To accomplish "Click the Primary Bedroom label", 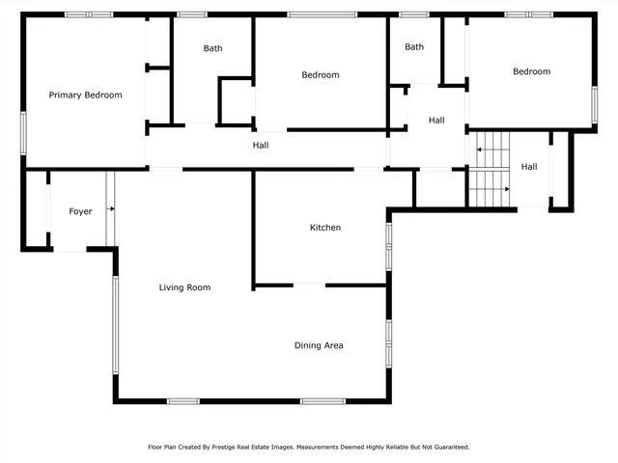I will (x=86, y=95).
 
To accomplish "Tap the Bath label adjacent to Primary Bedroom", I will (x=212, y=48).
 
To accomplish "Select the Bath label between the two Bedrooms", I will (x=414, y=46).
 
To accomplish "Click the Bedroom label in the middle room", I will (x=321, y=74).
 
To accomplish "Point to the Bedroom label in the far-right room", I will (x=531, y=71).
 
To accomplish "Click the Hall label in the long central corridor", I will (x=261, y=146).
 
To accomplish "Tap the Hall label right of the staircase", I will (x=529, y=167).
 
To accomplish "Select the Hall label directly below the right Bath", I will (x=436, y=121).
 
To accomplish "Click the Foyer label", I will (x=80, y=211).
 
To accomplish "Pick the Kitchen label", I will (x=325, y=228).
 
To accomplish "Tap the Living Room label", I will (x=184, y=287).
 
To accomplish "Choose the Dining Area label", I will (x=319, y=345).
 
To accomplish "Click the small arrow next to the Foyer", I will (x=110, y=207).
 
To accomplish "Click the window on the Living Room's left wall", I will (x=114, y=324).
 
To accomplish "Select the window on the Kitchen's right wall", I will (x=389, y=246).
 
